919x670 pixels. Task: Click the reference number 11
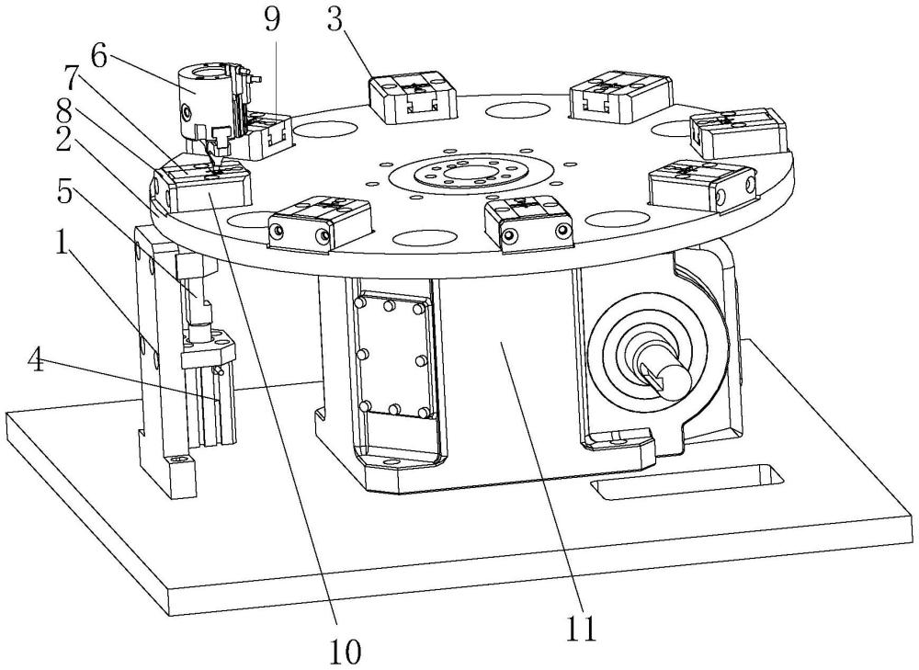[x=582, y=630]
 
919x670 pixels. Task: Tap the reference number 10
[x=347, y=651]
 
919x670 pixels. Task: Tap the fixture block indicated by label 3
[x=413, y=97]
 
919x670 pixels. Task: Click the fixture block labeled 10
[x=206, y=187]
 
